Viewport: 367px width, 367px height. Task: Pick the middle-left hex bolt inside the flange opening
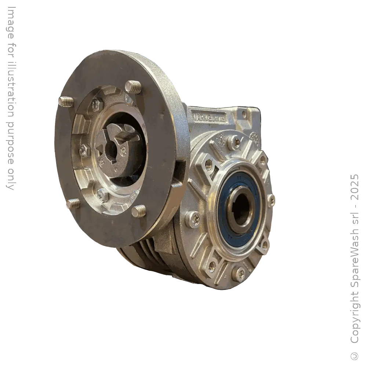pos(84,150)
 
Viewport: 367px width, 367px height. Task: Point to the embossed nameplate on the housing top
pos(209,117)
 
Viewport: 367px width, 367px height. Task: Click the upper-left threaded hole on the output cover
pos(208,164)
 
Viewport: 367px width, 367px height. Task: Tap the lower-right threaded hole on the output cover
pos(264,245)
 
